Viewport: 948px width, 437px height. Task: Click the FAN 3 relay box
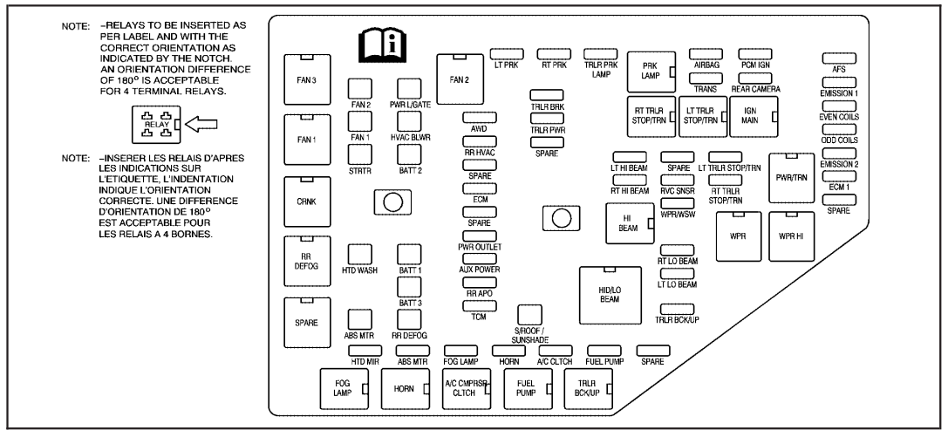(x=305, y=79)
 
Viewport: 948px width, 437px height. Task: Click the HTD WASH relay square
(x=360, y=254)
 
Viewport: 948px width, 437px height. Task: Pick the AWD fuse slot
(x=479, y=117)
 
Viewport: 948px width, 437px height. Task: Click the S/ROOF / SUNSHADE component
(x=529, y=315)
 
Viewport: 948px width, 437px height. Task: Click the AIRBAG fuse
(x=706, y=55)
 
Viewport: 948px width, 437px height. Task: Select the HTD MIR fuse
(x=364, y=351)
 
